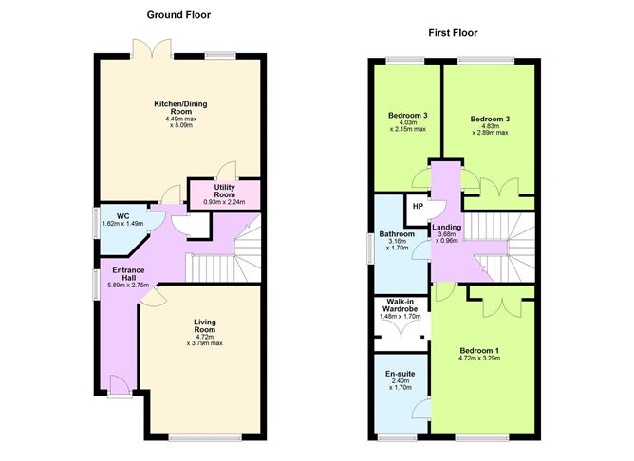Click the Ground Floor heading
point(178,15)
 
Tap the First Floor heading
point(453,33)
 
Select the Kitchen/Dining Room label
point(180,107)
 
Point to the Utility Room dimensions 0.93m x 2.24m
point(224,202)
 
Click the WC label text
point(123,216)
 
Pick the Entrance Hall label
point(129,274)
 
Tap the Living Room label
point(205,325)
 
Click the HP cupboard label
point(418,206)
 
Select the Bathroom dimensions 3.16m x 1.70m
point(397,245)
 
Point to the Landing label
point(446,227)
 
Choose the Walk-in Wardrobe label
point(400,305)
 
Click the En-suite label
point(400,374)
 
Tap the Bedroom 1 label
point(479,350)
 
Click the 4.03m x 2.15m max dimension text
point(407,126)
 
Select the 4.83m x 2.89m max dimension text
point(490,129)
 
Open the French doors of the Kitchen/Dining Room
point(153,47)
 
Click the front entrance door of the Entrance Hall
point(120,385)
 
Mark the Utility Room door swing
point(227,171)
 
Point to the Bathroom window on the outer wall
point(370,249)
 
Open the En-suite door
point(420,408)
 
